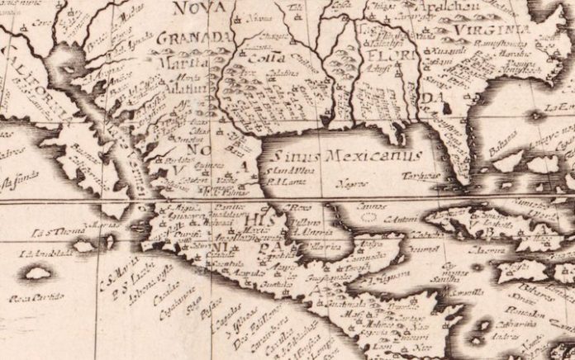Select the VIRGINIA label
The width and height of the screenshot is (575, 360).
(490, 30)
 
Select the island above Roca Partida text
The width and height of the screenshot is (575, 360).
(38, 272)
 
